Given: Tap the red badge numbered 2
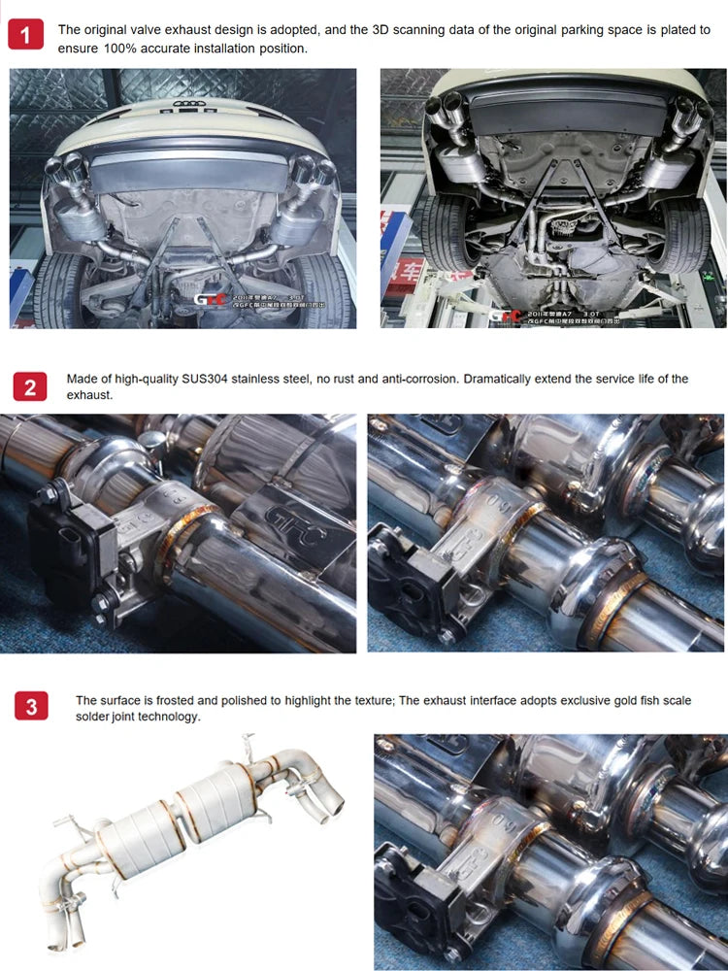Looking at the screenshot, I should [x=30, y=387].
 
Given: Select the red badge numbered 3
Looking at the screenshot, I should [x=31, y=708].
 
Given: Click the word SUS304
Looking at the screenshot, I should [x=206, y=379].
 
